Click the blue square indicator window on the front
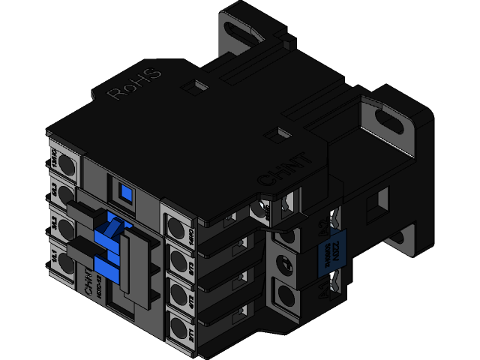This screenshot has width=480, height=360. (x=124, y=193)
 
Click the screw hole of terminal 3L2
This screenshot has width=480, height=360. (x=63, y=226)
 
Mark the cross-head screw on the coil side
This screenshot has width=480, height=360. (x=286, y=263)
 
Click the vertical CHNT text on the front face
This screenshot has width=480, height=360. (x=88, y=281)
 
